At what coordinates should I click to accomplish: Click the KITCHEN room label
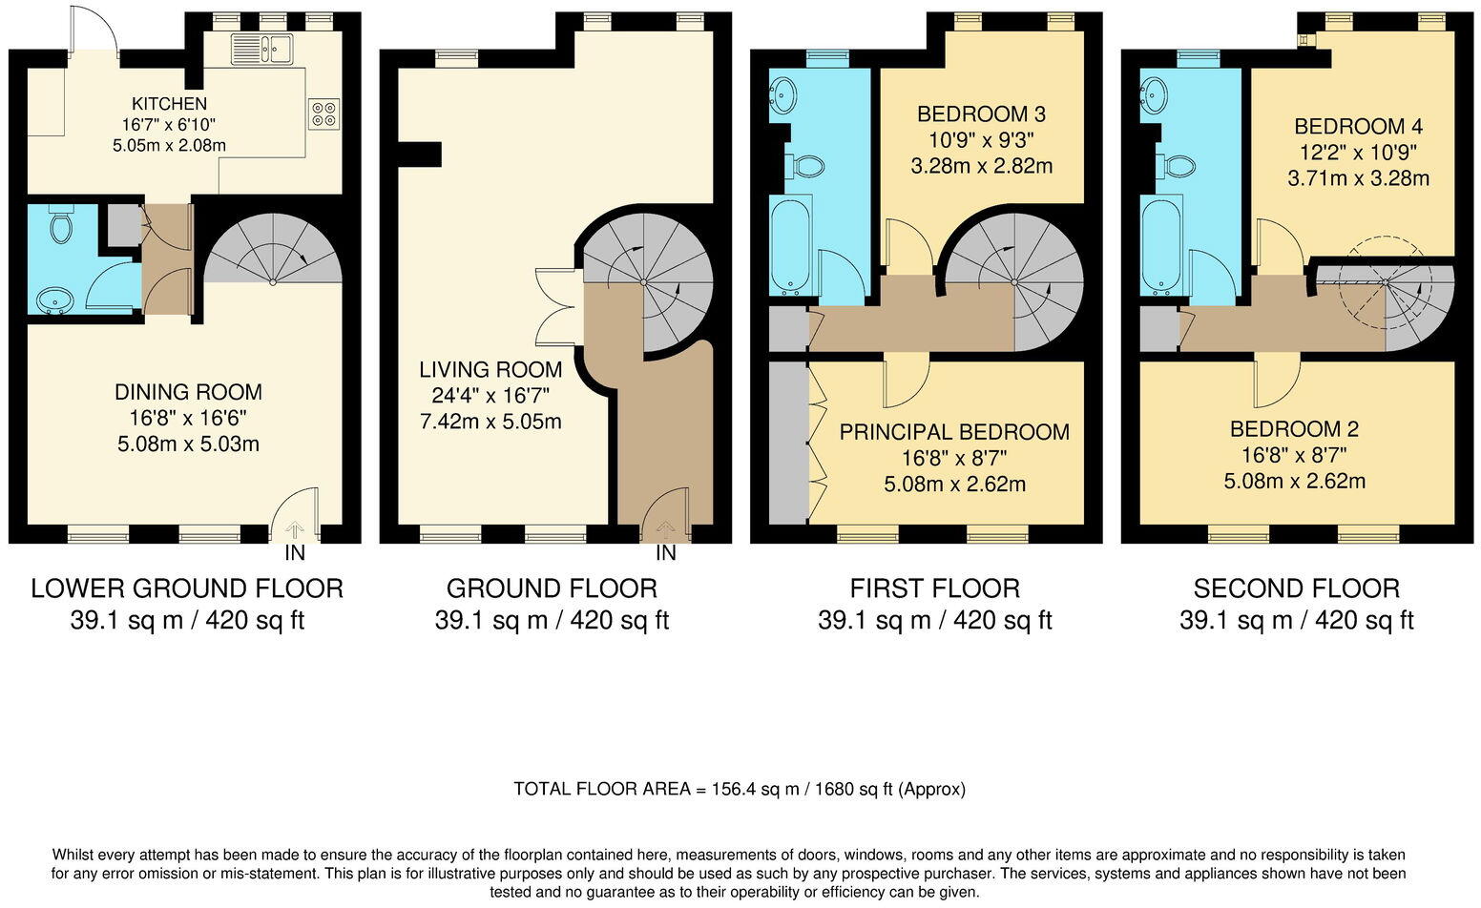tap(169, 104)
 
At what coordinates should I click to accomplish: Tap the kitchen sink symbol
tap(261, 48)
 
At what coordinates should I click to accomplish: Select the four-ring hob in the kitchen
tap(323, 113)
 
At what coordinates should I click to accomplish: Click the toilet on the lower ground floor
tap(61, 227)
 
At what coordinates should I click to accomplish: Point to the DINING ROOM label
tap(188, 392)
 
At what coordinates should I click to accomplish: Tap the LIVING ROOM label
tap(490, 369)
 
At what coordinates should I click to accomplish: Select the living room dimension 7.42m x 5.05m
tap(490, 421)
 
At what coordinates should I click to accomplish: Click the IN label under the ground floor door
tap(665, 553)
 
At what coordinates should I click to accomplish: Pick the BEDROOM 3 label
tap(981, 114)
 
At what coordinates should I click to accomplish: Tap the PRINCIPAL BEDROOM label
tap(954, 432)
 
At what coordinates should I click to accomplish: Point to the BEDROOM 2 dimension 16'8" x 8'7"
tap(1294, 455)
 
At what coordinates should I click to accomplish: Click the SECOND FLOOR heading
tap(1296, 588)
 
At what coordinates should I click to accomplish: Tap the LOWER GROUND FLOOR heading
tap(187, 588)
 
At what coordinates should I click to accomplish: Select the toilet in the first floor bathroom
tap(806, 167)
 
